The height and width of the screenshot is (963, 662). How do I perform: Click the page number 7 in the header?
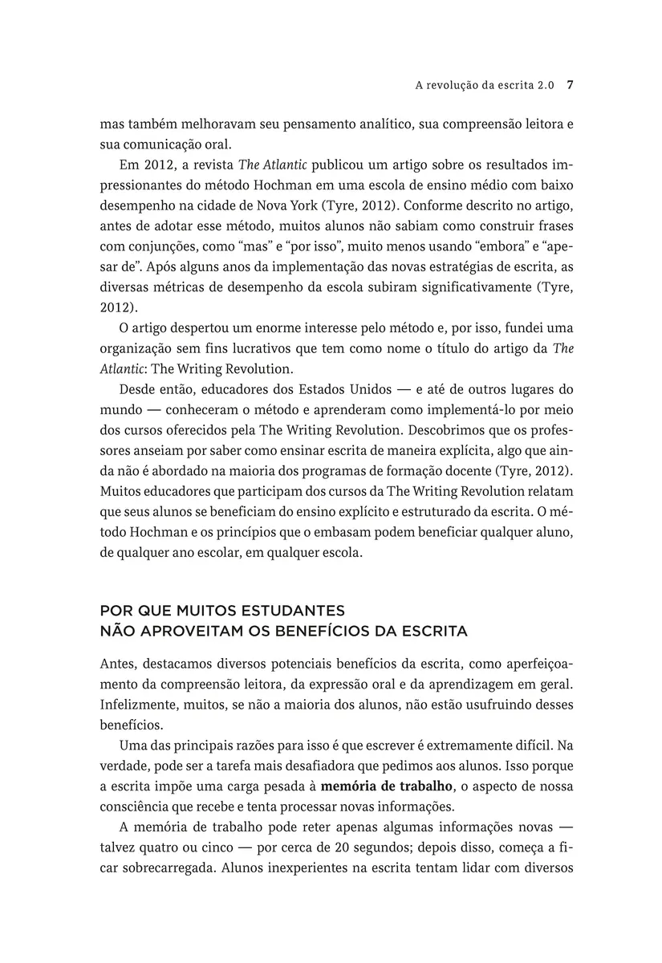click(x=569, y=82)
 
